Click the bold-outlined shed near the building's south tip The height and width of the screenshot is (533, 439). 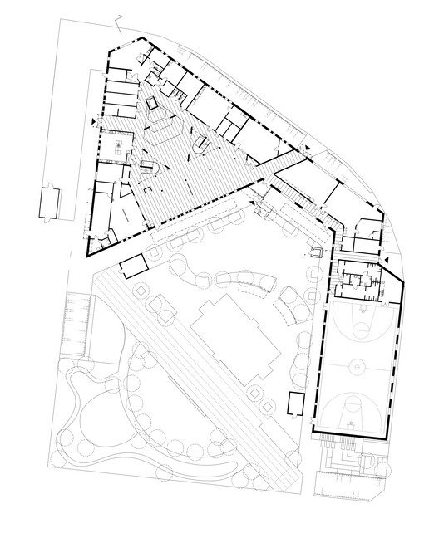coord(131,267)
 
